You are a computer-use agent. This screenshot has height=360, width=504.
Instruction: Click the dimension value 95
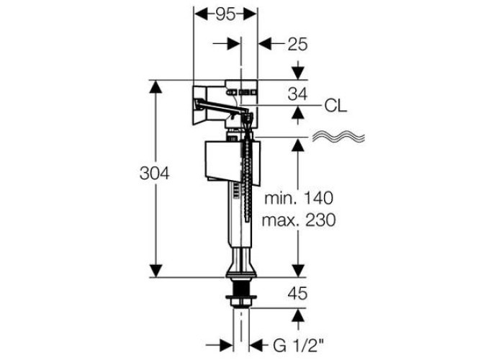point(225,15)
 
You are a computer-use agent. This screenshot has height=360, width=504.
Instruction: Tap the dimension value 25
point(297,44)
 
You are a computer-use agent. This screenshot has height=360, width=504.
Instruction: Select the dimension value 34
point(297,94)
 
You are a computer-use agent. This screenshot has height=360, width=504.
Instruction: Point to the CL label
point(336,106)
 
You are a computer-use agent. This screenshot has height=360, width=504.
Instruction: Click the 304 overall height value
point(154,174)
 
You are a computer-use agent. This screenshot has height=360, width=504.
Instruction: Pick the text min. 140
point(299,198)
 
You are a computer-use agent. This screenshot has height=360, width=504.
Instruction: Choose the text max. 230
point(299,220)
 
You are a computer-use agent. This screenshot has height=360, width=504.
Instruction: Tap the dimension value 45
point(297,294)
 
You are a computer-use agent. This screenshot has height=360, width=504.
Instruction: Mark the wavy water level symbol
point(339,137)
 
